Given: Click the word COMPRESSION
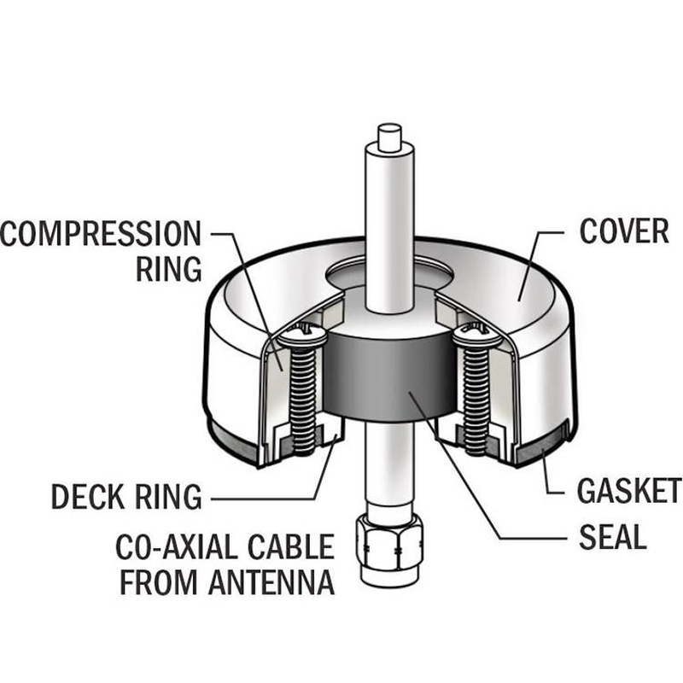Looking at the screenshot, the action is [x=101, y=233].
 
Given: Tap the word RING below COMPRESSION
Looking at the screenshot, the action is [x=168, y=269].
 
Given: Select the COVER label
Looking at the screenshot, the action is [x=624, y=231].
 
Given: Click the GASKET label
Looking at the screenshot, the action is [x=629, y=490].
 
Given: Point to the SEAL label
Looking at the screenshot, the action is [x=612, y=537].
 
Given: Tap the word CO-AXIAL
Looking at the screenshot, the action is [x=176, y=546].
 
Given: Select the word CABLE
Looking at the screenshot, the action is [x=291, y=546].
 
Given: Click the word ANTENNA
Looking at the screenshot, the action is [x=271, y=581].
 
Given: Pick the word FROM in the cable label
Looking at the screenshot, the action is [x=159, y=581].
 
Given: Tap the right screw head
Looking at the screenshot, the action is [x=476, y=336].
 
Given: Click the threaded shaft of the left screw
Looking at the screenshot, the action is [x=302, y=400].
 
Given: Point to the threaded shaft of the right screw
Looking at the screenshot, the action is [x=476, y=400].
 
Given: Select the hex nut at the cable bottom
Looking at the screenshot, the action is [x=389, y=541].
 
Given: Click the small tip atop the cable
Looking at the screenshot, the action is [x=390, y=137].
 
